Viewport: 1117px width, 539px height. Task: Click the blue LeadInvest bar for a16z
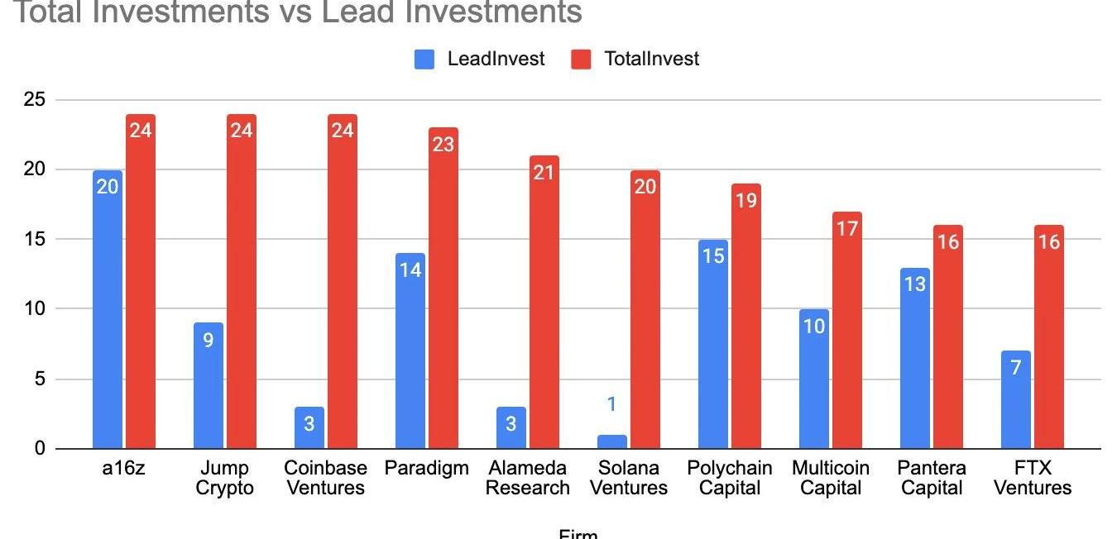108,310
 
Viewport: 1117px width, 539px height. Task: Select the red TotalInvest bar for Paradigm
443,289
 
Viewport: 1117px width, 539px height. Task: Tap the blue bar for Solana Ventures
612,441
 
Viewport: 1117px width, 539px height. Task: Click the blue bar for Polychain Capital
713,345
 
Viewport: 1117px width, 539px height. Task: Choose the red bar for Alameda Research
544,303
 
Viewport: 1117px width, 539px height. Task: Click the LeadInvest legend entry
480,59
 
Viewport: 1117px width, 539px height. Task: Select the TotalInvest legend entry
635,59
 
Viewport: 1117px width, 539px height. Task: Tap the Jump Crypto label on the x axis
224,478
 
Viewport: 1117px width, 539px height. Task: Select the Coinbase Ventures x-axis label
325,478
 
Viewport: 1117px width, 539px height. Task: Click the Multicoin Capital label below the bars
831,478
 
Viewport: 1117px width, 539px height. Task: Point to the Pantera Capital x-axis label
932,478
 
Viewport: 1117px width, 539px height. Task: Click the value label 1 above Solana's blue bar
612,404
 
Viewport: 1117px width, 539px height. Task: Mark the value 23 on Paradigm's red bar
443,145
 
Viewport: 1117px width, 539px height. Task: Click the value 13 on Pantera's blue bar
915,284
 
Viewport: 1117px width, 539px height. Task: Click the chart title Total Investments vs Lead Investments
298,12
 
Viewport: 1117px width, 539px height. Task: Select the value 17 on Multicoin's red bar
847,228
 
